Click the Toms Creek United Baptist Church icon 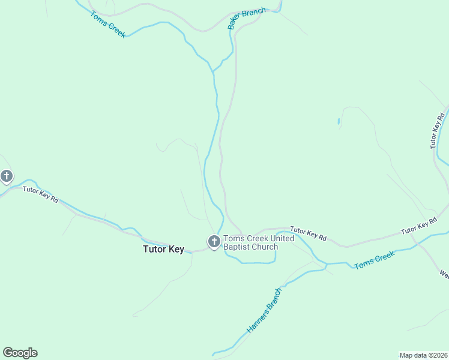point(213,242)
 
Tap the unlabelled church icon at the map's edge point(7,176)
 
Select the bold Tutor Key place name point(163,250)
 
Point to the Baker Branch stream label point(247,19)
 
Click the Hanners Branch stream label point(264,311)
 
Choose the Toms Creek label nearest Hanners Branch point(375,260)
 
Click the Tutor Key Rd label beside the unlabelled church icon point(41,194)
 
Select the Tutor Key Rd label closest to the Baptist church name point(308,233)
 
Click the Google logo point(20,353)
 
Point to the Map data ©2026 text point(423,355)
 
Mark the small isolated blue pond point(339,122)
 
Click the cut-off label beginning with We point(444,274)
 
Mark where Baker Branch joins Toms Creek point(213,72)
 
